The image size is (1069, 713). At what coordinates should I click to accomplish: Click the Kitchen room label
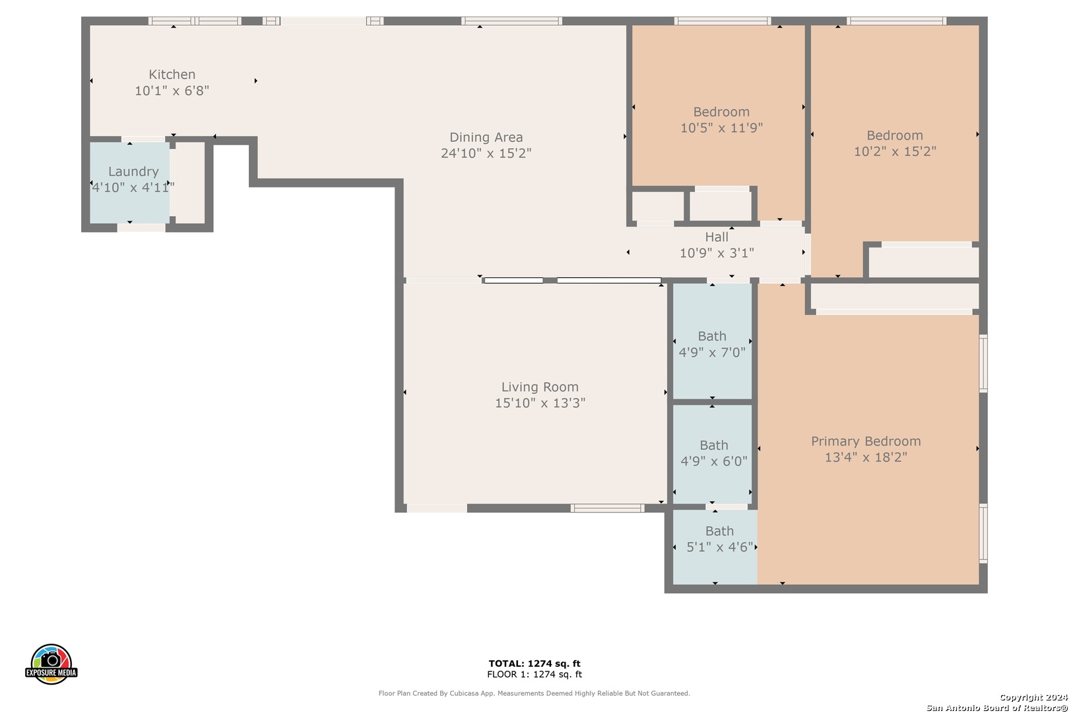[x=172, y=75]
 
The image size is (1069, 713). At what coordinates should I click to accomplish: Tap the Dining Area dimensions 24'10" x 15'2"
[x=486, y=153]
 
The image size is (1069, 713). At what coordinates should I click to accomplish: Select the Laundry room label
[x=133, y=172]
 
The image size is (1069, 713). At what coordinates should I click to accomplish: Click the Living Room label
[x=540, y=387]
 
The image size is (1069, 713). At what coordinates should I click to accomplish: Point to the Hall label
[x=717, y=237]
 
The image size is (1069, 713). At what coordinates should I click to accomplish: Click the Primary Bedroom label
[x=866, y=441]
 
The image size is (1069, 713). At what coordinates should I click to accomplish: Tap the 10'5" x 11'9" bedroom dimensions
[x=721, y=128]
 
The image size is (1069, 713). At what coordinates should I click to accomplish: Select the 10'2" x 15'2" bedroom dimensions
[x=895, y=151]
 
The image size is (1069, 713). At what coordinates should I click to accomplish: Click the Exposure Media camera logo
[x=51, y=663]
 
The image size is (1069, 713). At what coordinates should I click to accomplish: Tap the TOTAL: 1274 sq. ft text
[x=534, y=663]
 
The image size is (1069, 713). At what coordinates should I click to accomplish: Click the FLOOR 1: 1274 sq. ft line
[x=534, y=674]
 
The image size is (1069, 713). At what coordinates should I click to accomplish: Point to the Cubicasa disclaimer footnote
[x=534, y=693]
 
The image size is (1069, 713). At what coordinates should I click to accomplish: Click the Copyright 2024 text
[x=1033, y=698]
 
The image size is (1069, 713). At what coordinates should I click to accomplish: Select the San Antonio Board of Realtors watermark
[x=996, y=708]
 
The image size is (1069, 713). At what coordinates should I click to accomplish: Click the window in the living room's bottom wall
[x=607, y=508]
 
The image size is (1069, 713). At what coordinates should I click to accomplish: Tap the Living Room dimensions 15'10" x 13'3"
[x=540, y=403]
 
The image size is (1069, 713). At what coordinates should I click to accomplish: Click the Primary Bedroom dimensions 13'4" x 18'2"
[x=866, y=458]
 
